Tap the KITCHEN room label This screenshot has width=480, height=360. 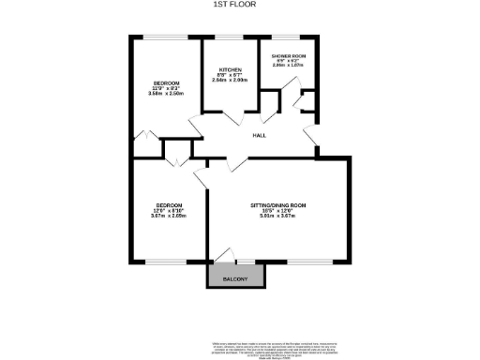(x=232, y=70)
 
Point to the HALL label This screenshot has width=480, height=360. (x=259, y=135)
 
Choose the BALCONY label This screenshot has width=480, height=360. (x=236, y=279)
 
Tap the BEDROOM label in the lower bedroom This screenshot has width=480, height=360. (x=169, y=205)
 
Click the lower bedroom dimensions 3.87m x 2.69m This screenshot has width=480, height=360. (x=169, y=217)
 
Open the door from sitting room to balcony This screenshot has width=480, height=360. (x=223, y=255)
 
